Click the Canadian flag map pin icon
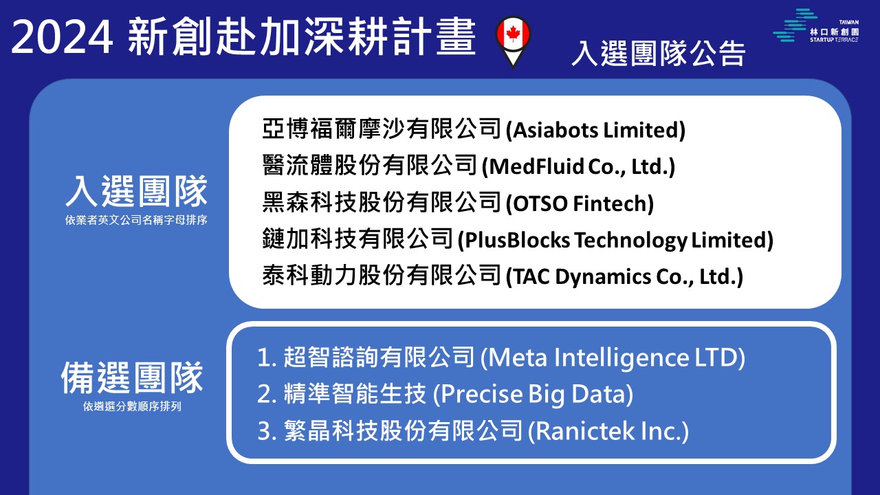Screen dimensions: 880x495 coord(513,41)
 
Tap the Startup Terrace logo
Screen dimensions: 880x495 coord(815,25)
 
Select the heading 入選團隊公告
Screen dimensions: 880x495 coord(659,54)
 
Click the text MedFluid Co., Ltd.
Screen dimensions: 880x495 coord(578,166)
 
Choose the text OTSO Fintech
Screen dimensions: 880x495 coord(580,203)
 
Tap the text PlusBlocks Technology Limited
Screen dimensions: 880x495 coord(615,241)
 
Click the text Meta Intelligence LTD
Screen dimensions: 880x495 coord(613,357)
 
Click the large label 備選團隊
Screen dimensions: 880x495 coord(132,378)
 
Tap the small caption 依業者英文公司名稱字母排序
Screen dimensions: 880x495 coord(136,220)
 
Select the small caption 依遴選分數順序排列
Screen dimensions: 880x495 coord(132,406)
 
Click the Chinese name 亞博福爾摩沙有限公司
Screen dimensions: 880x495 coord(382,129)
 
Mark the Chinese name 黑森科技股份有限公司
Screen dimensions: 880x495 coord(382,203)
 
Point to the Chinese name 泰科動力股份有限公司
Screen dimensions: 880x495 coord(382,276)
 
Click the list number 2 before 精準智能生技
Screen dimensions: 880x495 coord(264,394)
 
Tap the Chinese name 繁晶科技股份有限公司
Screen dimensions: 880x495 coord(403,430)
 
